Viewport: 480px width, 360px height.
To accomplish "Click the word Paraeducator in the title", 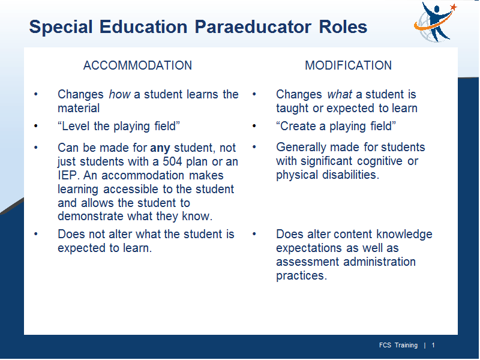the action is pos(253,26).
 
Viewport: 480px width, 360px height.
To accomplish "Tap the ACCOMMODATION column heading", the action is pos(137,65).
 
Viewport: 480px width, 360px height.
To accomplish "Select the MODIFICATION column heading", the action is pos(348,65).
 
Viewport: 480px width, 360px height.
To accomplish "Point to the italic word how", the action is pos(119,94).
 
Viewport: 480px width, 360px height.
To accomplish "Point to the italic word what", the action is pos(340,94).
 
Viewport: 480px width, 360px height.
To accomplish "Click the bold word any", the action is pos(160,148).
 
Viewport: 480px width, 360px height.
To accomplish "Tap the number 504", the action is pos(172,161).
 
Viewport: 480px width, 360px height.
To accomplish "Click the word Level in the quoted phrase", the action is pos(76,126).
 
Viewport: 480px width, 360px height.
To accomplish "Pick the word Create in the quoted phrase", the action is pos(298,126).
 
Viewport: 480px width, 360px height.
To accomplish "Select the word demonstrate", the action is pos(91,216).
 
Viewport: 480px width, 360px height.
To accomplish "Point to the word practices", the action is pos(302,276).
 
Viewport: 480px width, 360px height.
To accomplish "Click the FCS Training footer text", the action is pos(398,346).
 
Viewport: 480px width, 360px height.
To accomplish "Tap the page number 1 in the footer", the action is pos(433,346).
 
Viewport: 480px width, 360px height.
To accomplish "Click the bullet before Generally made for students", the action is pos(254,147).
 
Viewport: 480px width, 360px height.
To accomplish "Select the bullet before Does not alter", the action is pos(36,234).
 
